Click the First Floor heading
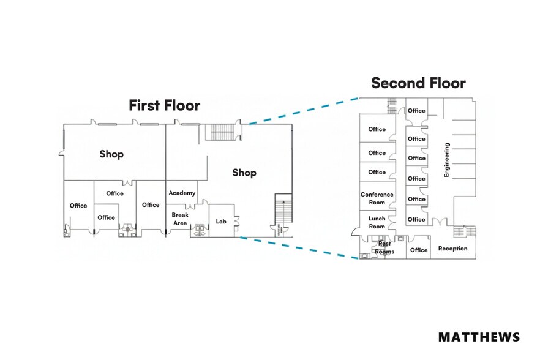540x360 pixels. [x=164, y=105]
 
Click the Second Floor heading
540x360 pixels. [x=418, y=83]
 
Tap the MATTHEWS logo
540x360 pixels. [x=479, y=337]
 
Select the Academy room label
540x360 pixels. [x=182, y=193]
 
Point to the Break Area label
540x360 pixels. [x=180, y=219]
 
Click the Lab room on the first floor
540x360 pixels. [x=221, y=221]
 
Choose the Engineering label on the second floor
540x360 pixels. [x=447, y=160]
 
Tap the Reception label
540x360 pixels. [x=452, y=249]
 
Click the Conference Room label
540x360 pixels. [x=377, y=198]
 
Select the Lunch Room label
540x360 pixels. [x=377, y=222]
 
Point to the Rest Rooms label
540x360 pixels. [x=384, y=248]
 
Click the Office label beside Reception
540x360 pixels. [x=419, y=250]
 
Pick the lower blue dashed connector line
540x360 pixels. [x=299, y=247]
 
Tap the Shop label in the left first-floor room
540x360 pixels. [x=111, y=154]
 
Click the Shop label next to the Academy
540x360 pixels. [x=244, y=173]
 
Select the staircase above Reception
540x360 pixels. [x=465, y=231]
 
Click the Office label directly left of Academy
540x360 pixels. [x=151, y=204]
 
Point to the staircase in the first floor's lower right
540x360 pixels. [x=283, y=208]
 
